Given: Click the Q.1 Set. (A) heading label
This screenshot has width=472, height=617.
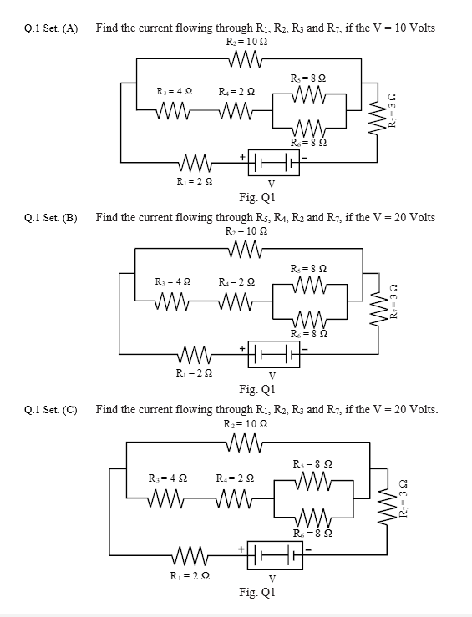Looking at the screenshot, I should pyautogui.click(x=51, y=28).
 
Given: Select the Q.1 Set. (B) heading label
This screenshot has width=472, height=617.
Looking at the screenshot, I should pyautogui.click(x=51, y=218).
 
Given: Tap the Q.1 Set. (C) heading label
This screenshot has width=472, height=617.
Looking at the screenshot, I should pyautogui.click(x=51, y=410).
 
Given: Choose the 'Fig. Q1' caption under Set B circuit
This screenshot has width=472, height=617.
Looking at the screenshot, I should pyautogui.click(x=256, y=389).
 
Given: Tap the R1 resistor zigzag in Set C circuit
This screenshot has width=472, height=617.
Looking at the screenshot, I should pyautogui.click(x=191, y=554).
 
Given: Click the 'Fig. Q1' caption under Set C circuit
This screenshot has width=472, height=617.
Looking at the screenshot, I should pyautogui.click(x=256, y=592).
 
